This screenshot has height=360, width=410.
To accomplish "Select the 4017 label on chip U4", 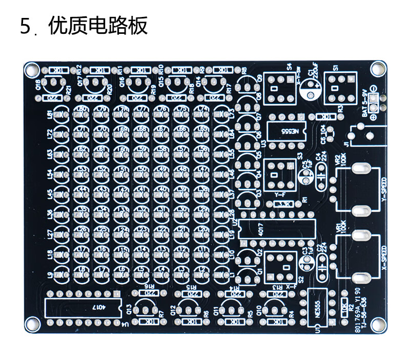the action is pos(97,307).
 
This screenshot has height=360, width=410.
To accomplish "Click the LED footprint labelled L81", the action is pos(61,113).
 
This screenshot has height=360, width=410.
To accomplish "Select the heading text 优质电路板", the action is pos(98,26).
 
